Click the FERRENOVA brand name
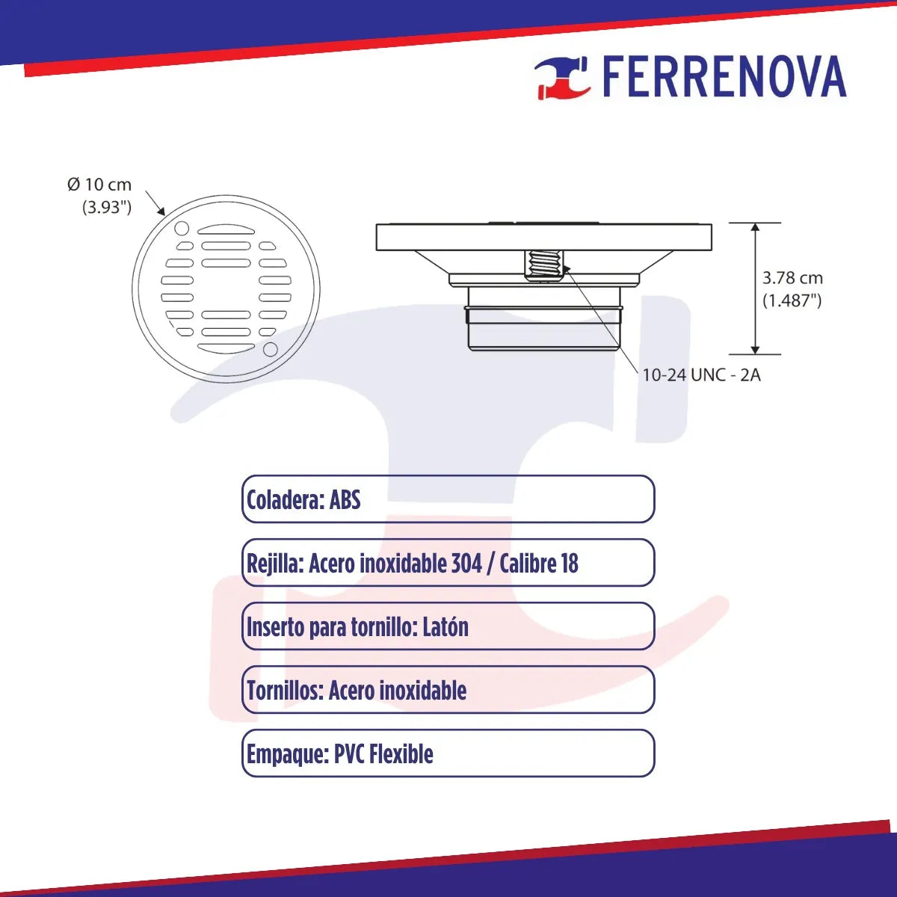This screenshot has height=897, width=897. click(724, 77)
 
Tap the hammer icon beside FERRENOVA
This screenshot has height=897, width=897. click(562, 77)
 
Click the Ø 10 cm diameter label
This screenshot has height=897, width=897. click(99, 185)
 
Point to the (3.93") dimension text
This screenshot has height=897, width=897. click(107, 207)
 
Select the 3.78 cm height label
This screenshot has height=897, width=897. click(792, 278)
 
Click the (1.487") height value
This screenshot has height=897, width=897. click(792, 300)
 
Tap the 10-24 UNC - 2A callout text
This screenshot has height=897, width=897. click(701, 374)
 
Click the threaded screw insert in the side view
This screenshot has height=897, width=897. click(543, 265)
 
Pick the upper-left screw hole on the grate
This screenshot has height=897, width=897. click(182, 228)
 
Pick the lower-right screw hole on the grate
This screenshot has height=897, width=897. click(271, 349)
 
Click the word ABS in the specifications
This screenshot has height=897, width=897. click(345, 499)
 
